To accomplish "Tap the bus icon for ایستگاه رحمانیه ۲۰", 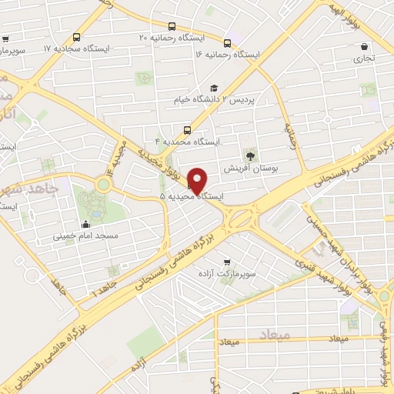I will point(75,37).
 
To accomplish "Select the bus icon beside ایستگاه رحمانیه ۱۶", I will point(226,43).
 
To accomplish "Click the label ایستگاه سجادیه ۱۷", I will point(76,48).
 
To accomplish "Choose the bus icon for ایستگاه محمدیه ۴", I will point(185,130).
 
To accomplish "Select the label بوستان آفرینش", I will point(249,166).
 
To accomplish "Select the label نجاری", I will point(366,58).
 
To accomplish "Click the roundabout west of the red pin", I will point(102,184).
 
